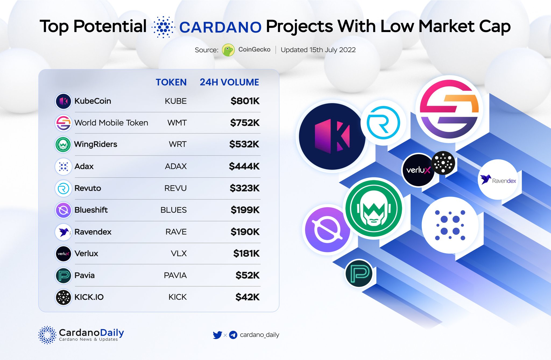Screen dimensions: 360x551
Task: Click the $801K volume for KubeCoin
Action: coord(245,101)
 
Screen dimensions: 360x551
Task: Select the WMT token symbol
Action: coord(177,123)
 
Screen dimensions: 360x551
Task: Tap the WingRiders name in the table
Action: coord(96,144)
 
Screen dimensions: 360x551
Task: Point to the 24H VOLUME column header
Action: coord(229,82)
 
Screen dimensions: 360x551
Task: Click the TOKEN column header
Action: coord(171,82)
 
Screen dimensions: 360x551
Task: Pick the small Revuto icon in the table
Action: coord(63,188)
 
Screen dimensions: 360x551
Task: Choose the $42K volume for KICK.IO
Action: coord(247,297)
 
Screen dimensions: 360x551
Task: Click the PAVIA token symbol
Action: coord(175,276)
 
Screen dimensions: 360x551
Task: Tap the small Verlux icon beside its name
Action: coord(63,254)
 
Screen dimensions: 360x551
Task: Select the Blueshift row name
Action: coord(91,210)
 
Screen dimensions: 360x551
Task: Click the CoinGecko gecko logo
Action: coord(228,50)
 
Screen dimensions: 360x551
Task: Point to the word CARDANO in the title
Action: coord(220,27)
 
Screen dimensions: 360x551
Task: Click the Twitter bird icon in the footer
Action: coord(217,335)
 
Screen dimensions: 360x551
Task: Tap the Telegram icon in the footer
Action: coord(233,335)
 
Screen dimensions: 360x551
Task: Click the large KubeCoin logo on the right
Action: coord(332,136)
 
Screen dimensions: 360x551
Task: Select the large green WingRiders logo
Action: coord(373,208)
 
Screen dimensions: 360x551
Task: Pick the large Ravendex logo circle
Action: coord(498,180)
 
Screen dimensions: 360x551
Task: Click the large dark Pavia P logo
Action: coord(359,273)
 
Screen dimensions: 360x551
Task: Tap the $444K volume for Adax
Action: coord(244,167)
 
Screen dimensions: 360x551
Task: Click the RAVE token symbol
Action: coord(176,232)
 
